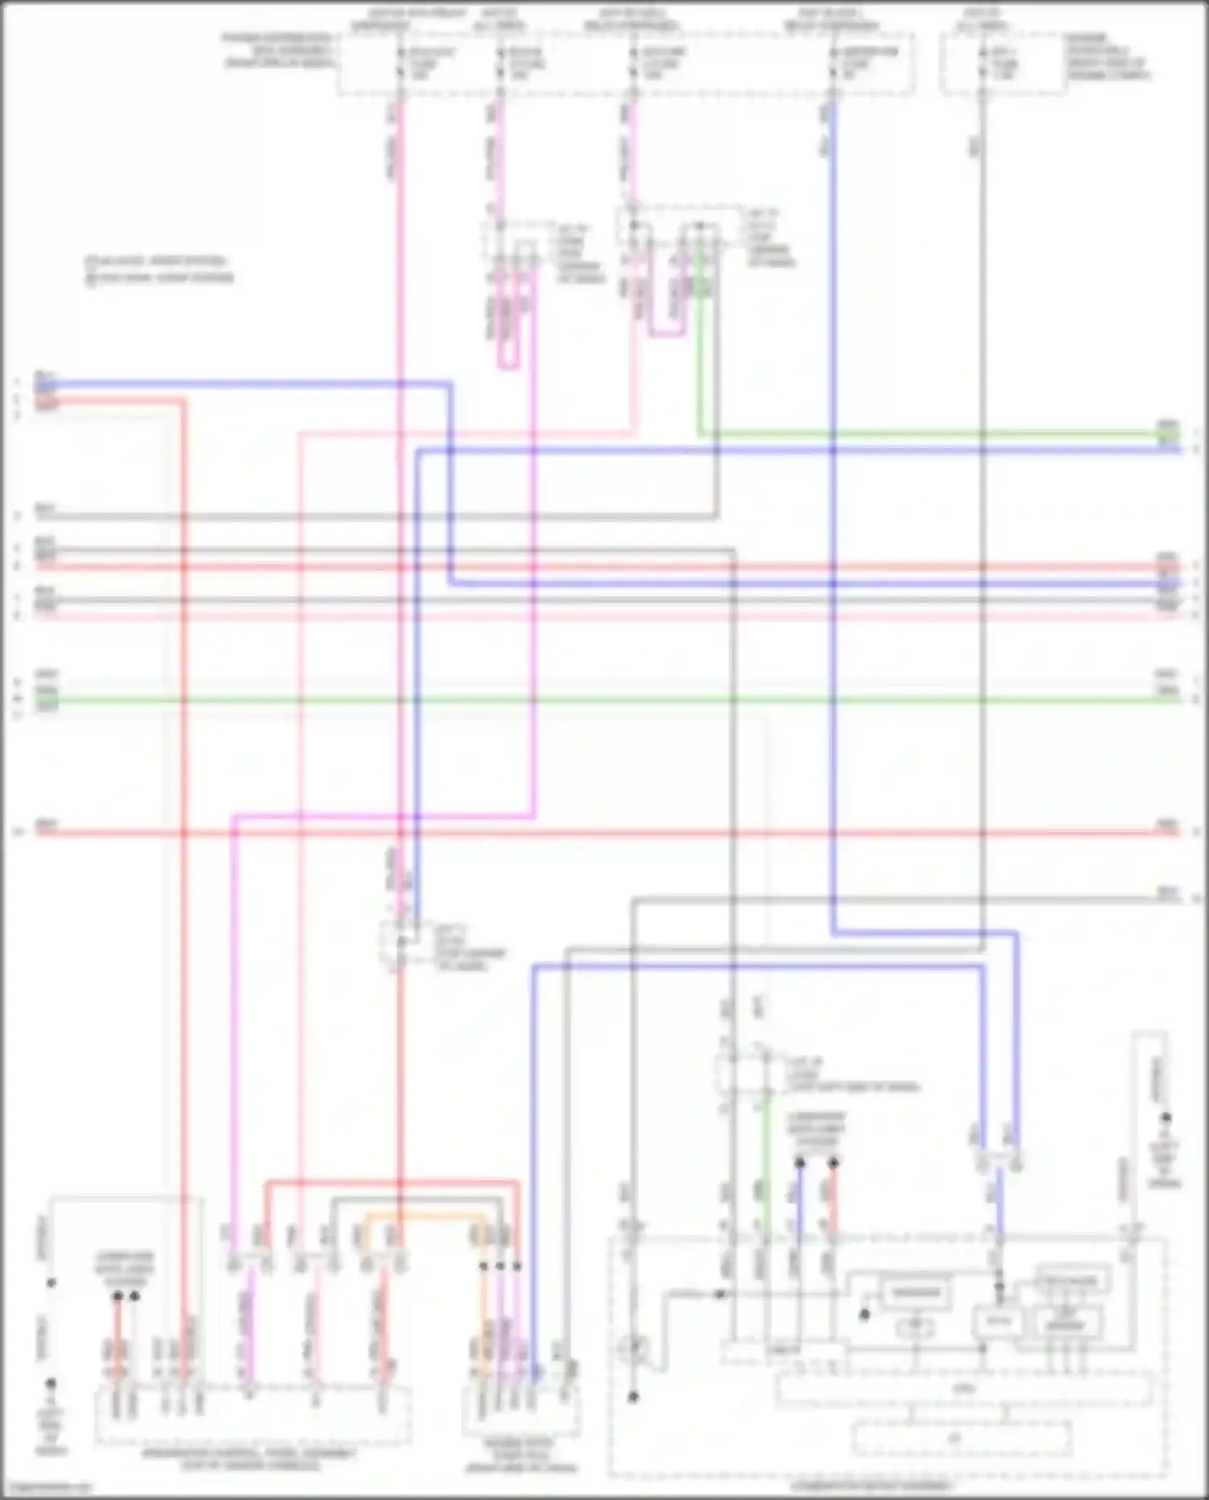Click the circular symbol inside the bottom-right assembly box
[634, 1348]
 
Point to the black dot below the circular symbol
[634, 1397]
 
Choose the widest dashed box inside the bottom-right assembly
[963, 1390]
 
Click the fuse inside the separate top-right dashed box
[983, 63]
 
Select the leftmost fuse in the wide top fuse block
[400, 63]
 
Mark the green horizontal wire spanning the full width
[604, 699]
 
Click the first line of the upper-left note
[156, 262]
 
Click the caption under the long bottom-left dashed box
[250, 1459]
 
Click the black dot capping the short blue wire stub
[800, 1162]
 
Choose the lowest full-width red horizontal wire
[604, 832]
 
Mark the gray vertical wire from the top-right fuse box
[983, 484]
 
